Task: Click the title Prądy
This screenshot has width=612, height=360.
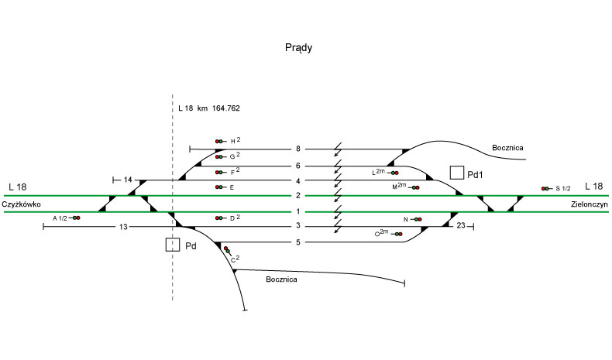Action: (x=298, y=48)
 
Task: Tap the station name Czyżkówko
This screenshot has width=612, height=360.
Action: (x=21, y=204)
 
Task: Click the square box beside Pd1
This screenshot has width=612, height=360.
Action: (x=457, y=172)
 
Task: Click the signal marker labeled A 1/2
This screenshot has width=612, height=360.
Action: (x=75, y=218)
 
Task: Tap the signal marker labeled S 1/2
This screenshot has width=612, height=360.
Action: (x=546, y=188)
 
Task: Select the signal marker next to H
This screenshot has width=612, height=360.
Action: (x=220, y=141)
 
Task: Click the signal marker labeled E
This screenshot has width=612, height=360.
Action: (x=220, y=187)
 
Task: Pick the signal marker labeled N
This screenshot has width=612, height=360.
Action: (x=417, y=219)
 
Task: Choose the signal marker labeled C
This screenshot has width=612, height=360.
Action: (x=227, y=249)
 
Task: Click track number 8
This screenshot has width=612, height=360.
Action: (x=297, y=149)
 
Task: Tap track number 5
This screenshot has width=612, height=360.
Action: (x=297, y=242)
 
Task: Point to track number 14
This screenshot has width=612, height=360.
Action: (x=129, y=180)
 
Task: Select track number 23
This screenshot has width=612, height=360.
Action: (x=460, y=227)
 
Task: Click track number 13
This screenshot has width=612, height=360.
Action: (x=122, y=227)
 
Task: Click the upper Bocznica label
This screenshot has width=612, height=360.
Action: (x=507, y=147)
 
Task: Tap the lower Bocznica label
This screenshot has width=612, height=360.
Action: (x=280, y=279)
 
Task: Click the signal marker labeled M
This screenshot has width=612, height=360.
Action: (x=414, y=187)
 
